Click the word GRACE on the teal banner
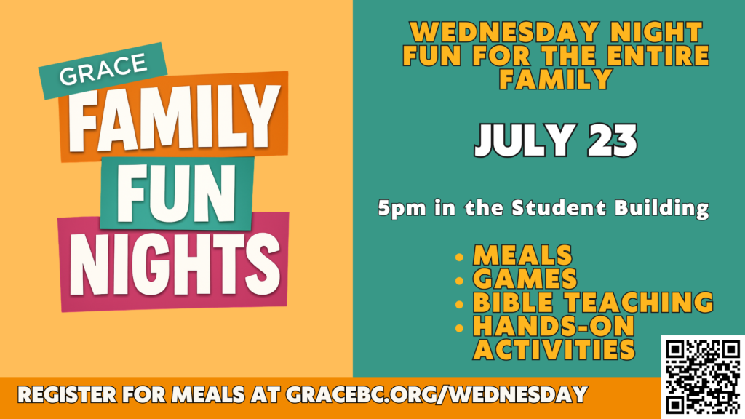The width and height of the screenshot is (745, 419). (x=103, y=69)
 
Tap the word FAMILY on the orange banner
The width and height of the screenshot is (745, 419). (x=174, y=118)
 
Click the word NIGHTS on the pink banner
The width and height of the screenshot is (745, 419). (x=175, y=263)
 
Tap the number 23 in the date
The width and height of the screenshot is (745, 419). (x=613, y=140)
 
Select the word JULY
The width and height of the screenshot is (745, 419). (x=525, y=140)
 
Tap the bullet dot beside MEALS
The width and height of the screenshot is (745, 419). (x=459, y=258)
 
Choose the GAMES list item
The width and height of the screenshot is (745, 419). (x=525, y=279)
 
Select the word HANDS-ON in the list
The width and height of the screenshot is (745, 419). (x=554, y=326)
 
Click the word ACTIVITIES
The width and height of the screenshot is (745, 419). (x=554, y=350)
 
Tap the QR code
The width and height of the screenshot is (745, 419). (x=703, y=378)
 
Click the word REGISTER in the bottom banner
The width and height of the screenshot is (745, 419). (x=67, y=395)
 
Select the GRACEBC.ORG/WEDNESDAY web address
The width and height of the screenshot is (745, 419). (x=437, y=395)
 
